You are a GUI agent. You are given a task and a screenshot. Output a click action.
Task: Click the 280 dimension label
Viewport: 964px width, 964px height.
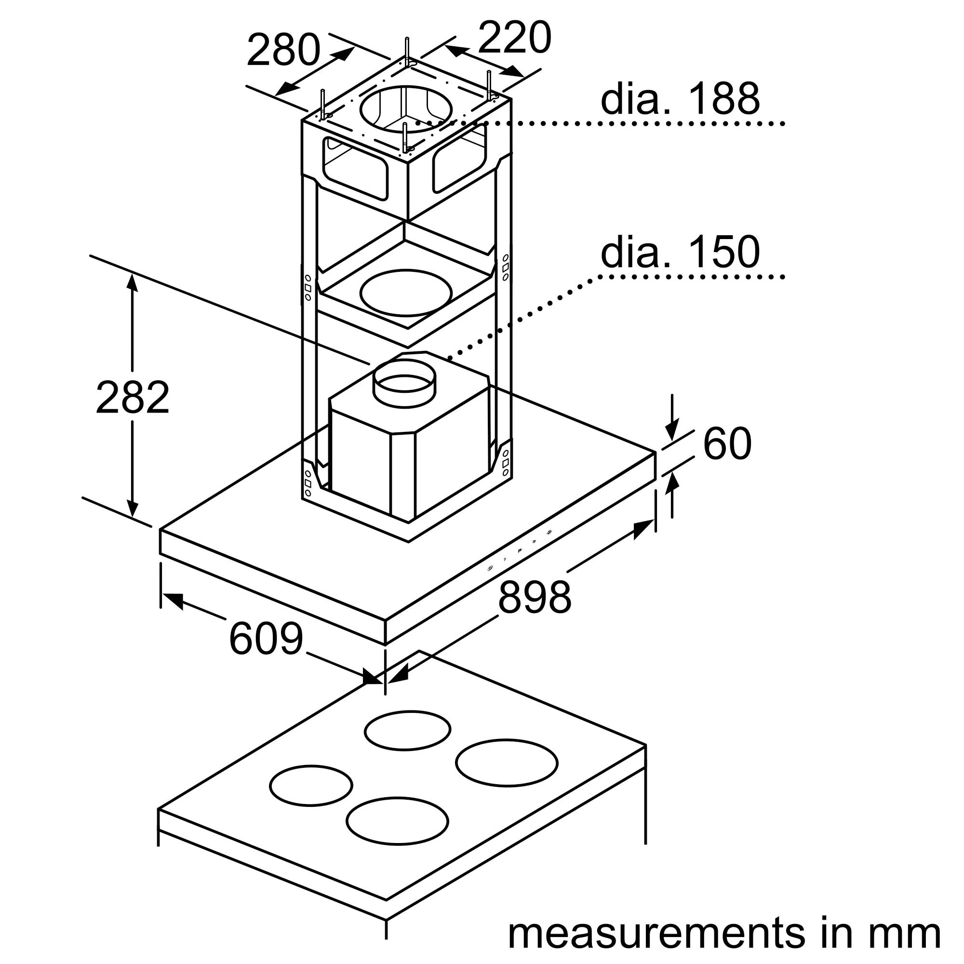click(283, 50)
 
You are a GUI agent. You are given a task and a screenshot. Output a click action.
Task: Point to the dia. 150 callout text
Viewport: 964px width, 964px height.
click(680, 252)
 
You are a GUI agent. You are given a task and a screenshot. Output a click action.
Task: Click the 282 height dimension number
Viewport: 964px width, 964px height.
click(133, 397)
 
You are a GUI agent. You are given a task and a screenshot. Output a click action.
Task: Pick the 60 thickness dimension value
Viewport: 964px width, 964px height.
click(727, 443)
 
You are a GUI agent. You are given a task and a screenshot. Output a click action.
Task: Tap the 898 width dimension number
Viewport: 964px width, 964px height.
click(535, 597)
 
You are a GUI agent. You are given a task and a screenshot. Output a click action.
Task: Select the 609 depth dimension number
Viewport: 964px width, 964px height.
click(266, 638)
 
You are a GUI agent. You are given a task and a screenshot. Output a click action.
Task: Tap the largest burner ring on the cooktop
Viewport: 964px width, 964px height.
click(507, 776)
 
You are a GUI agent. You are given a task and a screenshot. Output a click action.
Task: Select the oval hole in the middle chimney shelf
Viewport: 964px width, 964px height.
click(406, 293)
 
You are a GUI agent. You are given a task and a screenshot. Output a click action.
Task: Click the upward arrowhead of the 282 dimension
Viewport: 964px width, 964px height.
click(132, 282)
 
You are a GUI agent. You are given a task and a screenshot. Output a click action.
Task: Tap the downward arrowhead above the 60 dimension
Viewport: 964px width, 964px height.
click(672, 430)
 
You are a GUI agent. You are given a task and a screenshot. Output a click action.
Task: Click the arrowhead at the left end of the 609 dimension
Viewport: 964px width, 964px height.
click(172, 601)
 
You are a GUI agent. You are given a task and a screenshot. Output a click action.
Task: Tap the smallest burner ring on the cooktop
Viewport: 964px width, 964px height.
click(311, 799)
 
